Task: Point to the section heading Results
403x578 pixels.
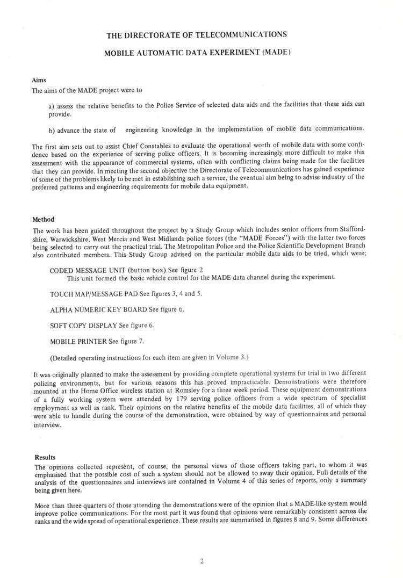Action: (45, 458)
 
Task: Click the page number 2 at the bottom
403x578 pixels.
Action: (201, 562)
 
